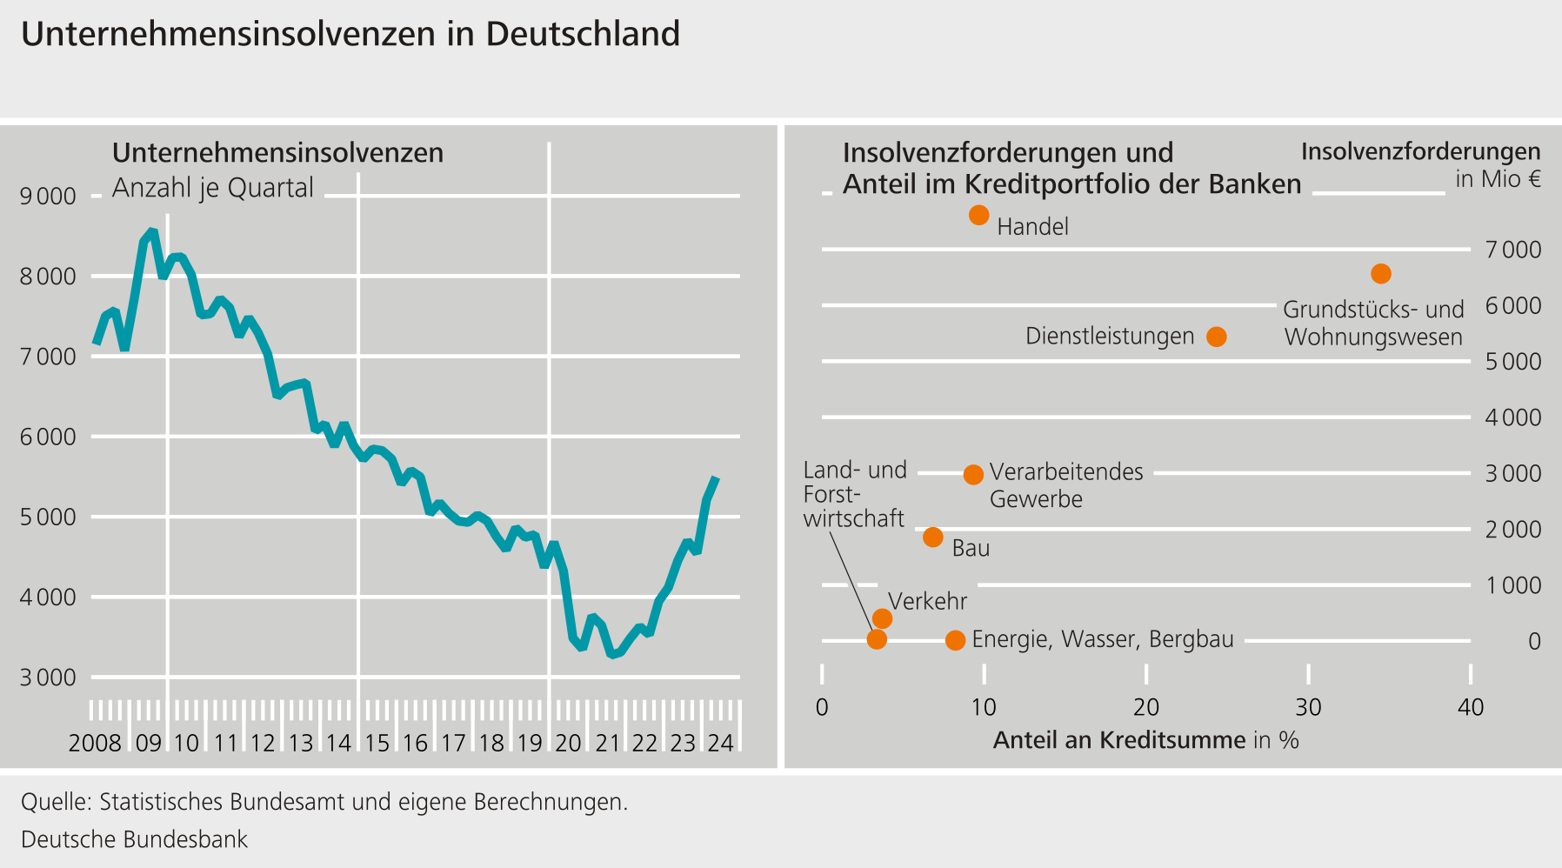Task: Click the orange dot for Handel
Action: pos(978,215)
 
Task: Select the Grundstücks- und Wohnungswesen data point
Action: pos(1380,274)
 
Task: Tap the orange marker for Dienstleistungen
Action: pos(1217,337)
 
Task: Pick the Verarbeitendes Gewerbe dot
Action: pos(973,474)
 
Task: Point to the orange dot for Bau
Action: pos(932,537)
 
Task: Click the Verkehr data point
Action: pos(882,618)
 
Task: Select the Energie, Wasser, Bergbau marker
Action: pos(955,640)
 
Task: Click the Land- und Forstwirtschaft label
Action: pos(854,494)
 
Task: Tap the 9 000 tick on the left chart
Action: pos(48,197)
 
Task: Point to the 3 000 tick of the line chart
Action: pos(48,678)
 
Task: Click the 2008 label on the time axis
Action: pos(95,743)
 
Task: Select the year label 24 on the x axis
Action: pos(720,743)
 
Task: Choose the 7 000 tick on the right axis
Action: pos(1512,250)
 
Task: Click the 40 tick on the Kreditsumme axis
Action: pos(1470,707)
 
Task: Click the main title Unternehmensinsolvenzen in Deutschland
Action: pos(350,34)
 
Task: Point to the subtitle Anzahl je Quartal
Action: pos(213,188)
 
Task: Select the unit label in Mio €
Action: pos(1498,179)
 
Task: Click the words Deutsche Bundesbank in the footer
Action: pos(135,839)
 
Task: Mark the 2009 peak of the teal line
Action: pos(151,231)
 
